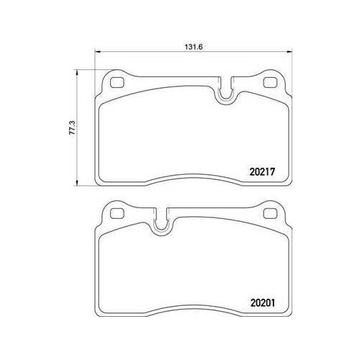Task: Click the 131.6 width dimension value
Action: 194,47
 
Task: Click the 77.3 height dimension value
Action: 73,127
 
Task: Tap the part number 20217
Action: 262,172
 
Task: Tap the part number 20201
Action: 263,303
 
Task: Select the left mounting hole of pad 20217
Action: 117,83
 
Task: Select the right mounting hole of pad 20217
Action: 271,83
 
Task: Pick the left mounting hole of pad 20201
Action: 117,214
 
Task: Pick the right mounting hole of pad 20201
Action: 271,214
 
